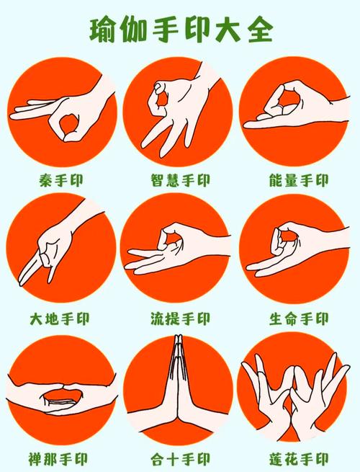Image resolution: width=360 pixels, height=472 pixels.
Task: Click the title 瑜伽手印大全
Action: tap(181, 30)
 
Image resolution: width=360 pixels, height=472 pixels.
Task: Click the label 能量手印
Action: tap(299, 179)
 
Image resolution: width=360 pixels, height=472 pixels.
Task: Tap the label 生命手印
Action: tap(299, 318)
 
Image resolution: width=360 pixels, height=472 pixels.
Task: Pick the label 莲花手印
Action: tap(299, 457)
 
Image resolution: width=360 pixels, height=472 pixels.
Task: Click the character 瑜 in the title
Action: tap(104, 30)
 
